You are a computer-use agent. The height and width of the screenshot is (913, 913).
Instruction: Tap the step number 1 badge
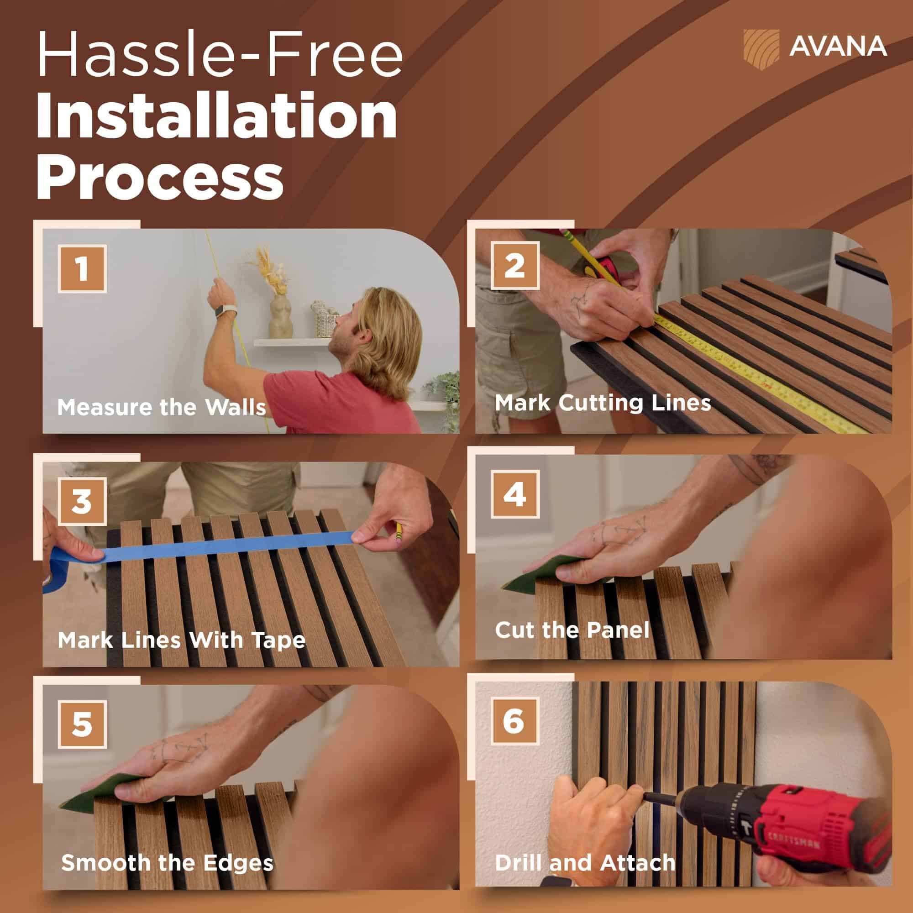82,268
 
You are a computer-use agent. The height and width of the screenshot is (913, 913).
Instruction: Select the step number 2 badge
514,265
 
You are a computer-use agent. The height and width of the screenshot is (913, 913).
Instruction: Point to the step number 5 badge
82,724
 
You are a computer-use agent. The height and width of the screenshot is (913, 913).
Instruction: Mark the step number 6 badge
514,721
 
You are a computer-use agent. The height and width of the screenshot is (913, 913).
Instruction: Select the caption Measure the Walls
162,407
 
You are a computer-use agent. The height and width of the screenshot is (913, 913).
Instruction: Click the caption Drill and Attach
585,850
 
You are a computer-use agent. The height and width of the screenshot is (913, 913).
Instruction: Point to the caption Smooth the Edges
167,850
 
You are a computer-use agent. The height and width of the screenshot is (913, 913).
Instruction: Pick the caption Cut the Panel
572,630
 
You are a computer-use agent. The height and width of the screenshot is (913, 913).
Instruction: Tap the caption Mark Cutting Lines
603,403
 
